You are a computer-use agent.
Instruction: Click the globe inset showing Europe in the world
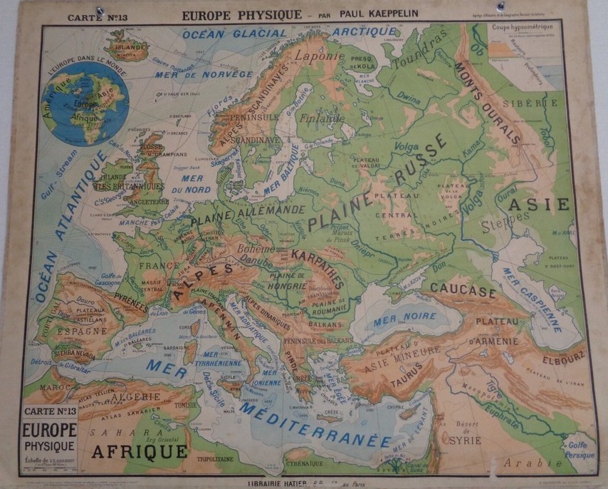(85, 104)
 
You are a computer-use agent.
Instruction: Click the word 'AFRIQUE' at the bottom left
(139, 451)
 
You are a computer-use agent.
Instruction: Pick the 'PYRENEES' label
(128, 299)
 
